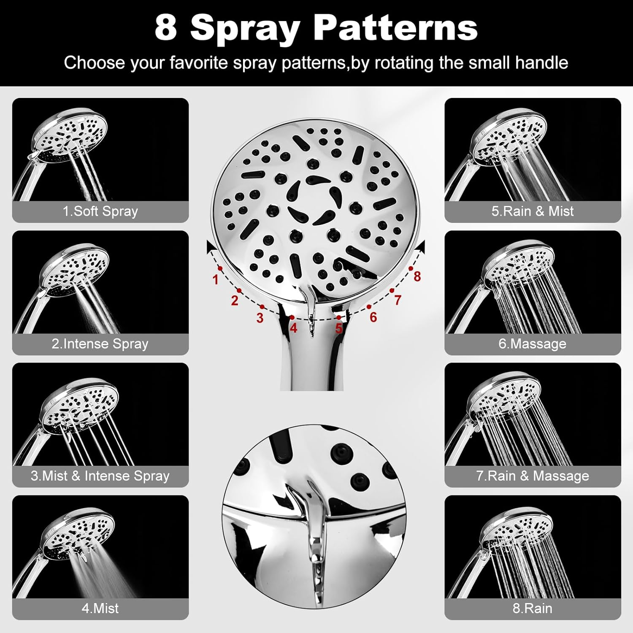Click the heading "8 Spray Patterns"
pos(316,28)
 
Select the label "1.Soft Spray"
pos(100,211)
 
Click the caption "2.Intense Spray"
pos(100,344)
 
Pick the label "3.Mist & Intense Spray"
pos(100,476)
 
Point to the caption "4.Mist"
pos(100,608)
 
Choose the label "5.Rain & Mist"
pos(533,211)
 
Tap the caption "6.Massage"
pos(533,344)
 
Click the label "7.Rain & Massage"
pos(533,476)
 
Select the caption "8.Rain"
pos(533,608)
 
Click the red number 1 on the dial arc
pos(216,279)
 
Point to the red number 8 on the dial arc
pos(417,276)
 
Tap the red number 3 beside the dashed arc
pos(260,318)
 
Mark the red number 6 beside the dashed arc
pos(373,317)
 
